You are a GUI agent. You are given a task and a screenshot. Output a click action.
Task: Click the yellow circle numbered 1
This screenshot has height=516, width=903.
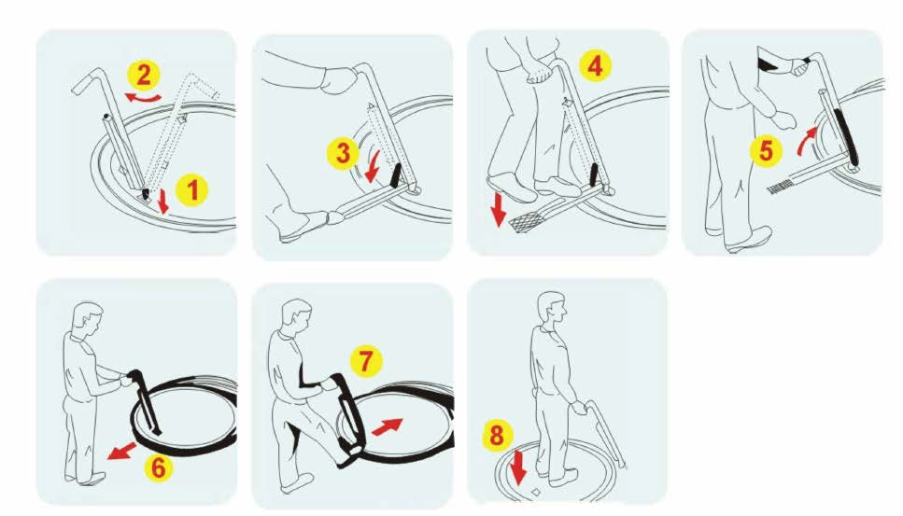coord(191,189)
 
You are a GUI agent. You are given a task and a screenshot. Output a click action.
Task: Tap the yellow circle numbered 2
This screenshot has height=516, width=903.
coord(144,75)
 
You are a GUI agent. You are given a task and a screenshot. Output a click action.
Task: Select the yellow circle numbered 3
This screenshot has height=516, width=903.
coord(343,154)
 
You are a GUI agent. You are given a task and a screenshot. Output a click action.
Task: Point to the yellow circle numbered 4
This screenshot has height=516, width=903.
coord(595,64)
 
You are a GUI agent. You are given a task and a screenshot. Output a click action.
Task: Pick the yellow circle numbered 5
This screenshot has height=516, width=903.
coord(766,151)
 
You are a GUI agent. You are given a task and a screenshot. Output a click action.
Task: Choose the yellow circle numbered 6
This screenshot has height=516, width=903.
coord(158,467)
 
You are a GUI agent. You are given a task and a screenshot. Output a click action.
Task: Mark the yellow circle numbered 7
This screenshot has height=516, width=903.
coord(366,361)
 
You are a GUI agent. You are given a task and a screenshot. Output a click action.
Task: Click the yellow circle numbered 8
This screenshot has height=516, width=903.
coord(497,436)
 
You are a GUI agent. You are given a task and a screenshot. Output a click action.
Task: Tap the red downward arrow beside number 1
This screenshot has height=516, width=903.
coord(163,202)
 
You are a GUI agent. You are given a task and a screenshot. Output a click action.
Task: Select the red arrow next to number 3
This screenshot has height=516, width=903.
coord(374,166)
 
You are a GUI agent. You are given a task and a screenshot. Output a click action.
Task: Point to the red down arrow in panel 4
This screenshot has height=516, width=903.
coord(499,209)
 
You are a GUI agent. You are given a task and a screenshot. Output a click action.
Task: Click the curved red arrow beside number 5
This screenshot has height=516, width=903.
coord(805,140)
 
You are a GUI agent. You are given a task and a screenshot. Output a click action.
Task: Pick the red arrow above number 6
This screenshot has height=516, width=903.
coord(122,451)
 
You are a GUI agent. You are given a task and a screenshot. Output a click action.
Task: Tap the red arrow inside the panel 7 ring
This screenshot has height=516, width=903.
coord(387,426)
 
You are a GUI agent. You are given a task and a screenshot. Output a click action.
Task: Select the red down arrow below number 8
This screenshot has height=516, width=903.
coord(518,467)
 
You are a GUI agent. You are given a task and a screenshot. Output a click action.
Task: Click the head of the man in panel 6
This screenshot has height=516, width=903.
coord(89,317)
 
